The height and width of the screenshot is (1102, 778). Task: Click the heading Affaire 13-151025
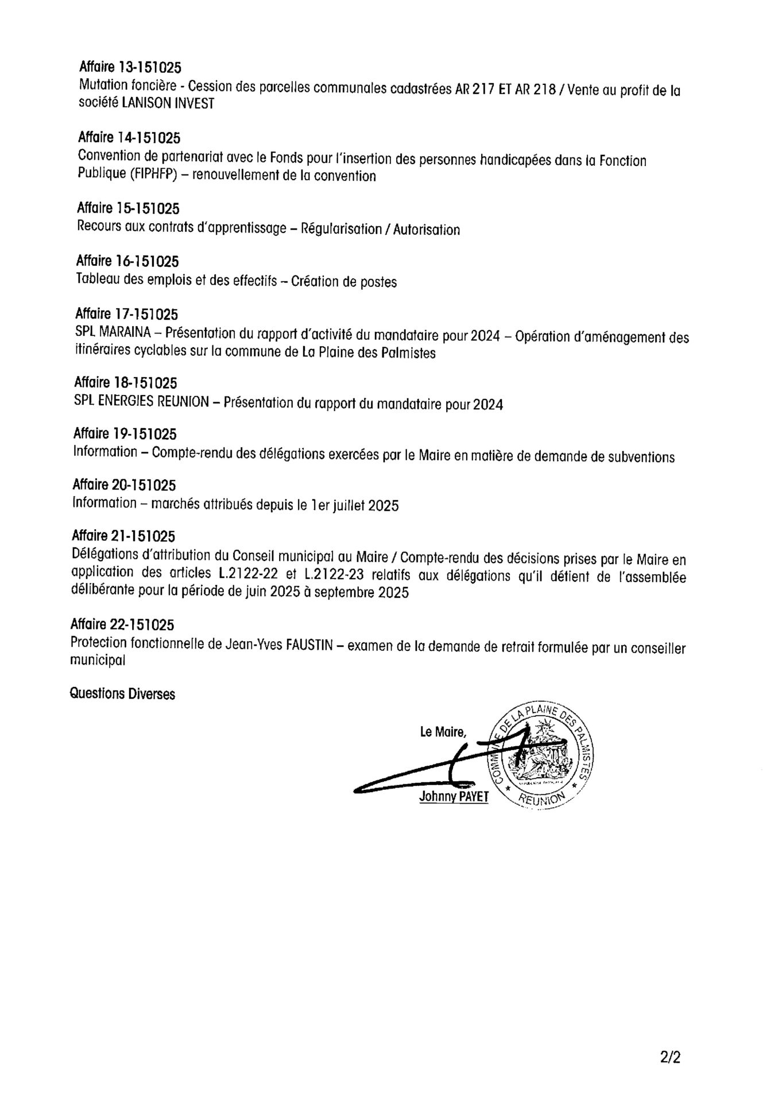tap(130, 67)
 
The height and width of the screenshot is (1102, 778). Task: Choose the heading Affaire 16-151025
tap(127, 262)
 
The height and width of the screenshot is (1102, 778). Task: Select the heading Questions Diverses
tap(122, 694)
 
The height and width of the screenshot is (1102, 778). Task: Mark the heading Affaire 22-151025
tap(122, 624)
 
